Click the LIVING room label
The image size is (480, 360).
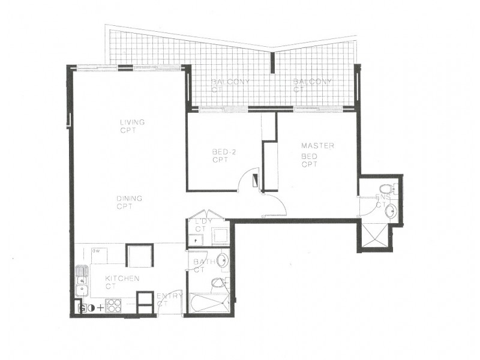point(133,122)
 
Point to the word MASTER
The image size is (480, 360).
point(317,146)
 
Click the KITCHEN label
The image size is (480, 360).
point(122,278)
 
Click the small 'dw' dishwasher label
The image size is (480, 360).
point(95,251)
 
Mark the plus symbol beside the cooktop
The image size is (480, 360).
point(100,308)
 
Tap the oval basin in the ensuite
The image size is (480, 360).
point(391,210)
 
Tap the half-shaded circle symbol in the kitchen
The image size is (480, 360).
point(91,308)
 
